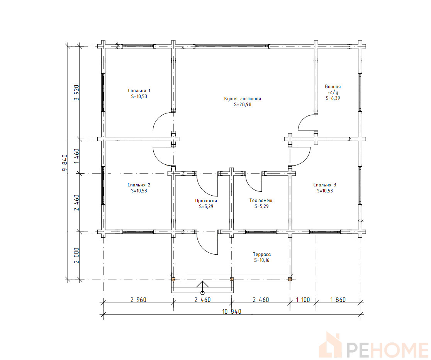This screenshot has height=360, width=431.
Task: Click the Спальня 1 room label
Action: [139, 91]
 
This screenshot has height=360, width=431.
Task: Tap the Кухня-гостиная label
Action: [243, 98]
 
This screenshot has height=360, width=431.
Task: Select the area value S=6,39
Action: [333, 98]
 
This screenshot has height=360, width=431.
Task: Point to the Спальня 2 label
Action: [139, 185]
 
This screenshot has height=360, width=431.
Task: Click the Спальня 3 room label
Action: [325, 185]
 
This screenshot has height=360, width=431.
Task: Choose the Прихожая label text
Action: [206, 201]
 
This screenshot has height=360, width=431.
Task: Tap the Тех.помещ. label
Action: [261, 201]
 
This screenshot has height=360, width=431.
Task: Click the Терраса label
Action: [262, 255]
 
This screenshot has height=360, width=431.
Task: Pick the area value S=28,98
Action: [243, 105]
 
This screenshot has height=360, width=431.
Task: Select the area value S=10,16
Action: [262, 260]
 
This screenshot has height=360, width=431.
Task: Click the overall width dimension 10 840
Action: [231, 311]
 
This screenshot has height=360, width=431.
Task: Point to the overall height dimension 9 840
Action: [65, 163]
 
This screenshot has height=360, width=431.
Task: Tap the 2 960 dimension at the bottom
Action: [138, 299]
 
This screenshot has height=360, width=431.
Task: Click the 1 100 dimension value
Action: [303, 299]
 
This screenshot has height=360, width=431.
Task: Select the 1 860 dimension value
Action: [338, 299]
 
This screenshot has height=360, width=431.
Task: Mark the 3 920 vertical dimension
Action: [77, 93]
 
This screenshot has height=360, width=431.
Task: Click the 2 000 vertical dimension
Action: [77, 255]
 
